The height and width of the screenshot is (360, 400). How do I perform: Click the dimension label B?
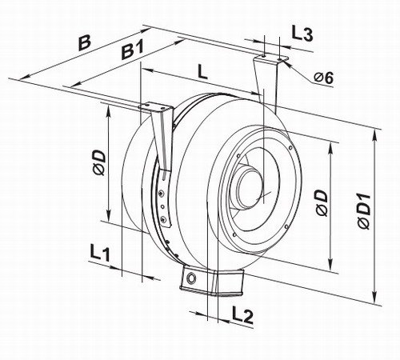[x=85, y=42]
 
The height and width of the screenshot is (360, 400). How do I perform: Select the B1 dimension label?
[x=132, y=50]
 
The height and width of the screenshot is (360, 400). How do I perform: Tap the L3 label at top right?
[x=302, y=34]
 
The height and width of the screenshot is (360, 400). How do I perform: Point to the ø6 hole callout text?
[x=323, y=78]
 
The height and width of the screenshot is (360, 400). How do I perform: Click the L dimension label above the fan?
[x=202, y=71]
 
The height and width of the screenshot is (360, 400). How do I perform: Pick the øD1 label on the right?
[x=365, y=212]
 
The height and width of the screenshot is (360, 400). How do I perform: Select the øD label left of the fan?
[x=100, y=162]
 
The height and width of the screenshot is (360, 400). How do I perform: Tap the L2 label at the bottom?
[x=242, y=314]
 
